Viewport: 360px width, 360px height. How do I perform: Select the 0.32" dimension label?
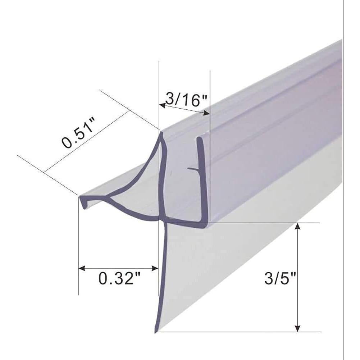point(119,278)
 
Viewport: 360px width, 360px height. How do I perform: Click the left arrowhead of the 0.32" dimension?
point(82,268)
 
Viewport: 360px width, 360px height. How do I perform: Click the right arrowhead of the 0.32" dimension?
point(155,268)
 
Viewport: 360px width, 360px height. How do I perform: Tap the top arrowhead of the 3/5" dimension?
point(297,226)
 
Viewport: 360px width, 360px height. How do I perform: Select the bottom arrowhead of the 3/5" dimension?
point(297,328)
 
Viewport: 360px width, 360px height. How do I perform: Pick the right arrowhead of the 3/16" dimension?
point(206,113)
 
